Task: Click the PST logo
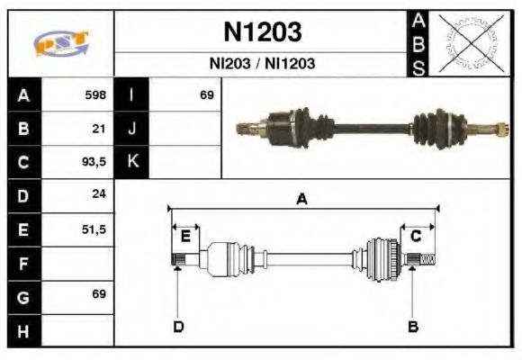click(x=60, y=43)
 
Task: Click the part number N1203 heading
click(x=262, y=32)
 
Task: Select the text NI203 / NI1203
click(x=262, y=64)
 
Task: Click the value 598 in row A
click(x=95, y=94)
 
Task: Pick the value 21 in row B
click(x=100, y=129)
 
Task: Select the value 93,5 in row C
click(x=94, y=163)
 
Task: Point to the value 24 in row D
click(x=100, y=194)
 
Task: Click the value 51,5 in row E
click(x=94, y=229)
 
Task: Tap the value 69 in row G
click(x=99, y=294)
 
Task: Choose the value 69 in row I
click(x=206, y=94)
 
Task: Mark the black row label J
click(x=131, y=129)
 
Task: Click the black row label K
click(x=131, y=163)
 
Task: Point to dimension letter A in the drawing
click(x=302, y=200)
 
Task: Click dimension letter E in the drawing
click(x=185, y=236)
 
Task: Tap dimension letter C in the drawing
click(x=416, y=236)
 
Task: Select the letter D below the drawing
click(x=178, y=326)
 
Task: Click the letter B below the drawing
click(x=413, y=326)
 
